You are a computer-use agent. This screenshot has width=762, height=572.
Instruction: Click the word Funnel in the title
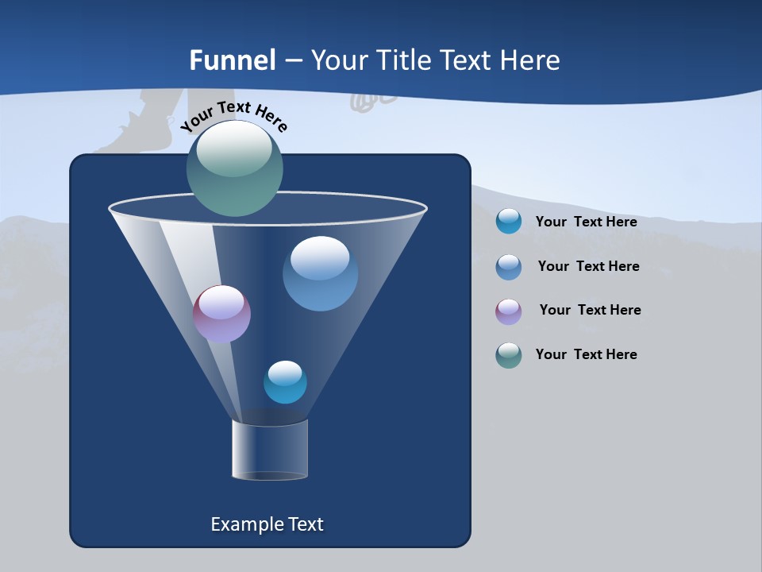click(232, 60)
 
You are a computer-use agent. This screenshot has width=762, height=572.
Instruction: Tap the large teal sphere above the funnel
click(235, 168)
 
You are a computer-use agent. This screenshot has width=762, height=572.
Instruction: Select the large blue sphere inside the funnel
click(320, 273)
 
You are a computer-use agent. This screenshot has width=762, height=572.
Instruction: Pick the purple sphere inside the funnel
click(221, 314)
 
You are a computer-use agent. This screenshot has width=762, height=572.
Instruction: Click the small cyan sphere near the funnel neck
click(285, 382)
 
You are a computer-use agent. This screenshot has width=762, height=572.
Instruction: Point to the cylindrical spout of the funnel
click(270, 450)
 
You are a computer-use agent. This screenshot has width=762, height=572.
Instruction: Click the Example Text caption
click(267, 524)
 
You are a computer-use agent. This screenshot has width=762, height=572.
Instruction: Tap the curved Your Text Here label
click(234, 116)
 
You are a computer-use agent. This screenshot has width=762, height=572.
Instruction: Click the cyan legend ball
click(509, 221)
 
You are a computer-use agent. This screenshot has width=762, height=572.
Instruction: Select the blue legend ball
click(509, 267)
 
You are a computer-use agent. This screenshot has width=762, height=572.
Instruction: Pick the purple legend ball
click(509, 311)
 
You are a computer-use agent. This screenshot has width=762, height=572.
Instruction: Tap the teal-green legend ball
click(509, 355)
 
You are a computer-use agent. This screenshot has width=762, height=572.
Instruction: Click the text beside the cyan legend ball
click(586, 222)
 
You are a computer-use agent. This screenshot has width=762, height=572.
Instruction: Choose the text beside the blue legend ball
click(588, 267)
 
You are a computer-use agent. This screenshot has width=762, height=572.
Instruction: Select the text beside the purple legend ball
click(590, 311)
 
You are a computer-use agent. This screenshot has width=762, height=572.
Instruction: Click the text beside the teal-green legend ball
click(586, 355)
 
